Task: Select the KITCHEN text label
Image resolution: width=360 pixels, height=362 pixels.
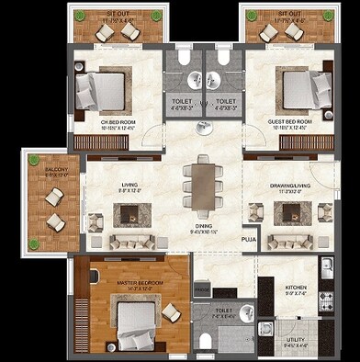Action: [x=296, y=288]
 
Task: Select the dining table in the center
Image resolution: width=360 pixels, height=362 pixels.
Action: [x=202, y=184]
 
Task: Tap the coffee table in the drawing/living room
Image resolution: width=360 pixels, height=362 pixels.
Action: [x=291, y=215]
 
